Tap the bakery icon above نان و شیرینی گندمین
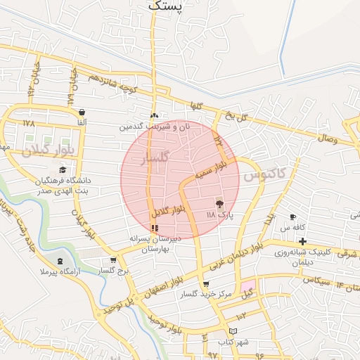coord(155,116)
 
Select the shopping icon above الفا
coord(82,112)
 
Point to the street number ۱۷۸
coord(28,123)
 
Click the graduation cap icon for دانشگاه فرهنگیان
coord(63,169)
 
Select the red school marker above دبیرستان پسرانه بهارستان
coord(155,228)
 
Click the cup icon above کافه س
coord(292,217)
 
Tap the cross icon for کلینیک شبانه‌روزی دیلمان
coord(302,241)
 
